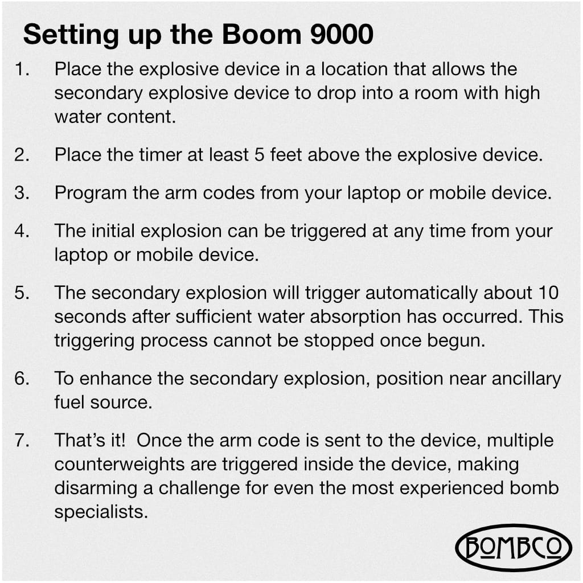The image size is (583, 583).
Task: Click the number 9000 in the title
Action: click(x=342, y=35)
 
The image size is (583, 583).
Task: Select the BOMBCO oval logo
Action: click(x=514, y=547)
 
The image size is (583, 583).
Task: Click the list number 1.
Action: click(x=22, y=69)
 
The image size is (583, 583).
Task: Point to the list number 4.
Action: click(x=22, y=231)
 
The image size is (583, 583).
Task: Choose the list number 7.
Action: click(x=22, y=440)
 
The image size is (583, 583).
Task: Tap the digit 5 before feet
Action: click(x=259, y=155)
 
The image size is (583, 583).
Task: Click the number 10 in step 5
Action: click(x=548, y=293)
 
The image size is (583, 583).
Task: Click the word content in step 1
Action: click(x=141, y=117)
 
